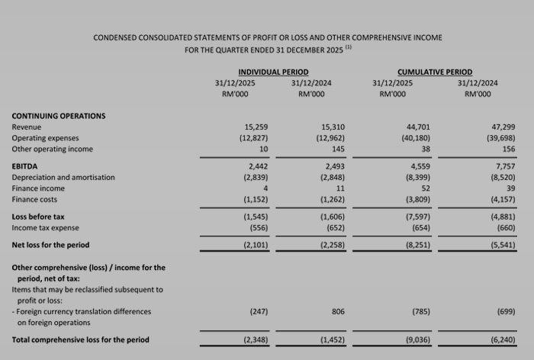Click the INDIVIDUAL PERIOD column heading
[x=273, y=72]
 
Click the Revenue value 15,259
[x=256, y=127]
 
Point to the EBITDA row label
[x=25, y=166]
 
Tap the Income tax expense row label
[x=46, y=228]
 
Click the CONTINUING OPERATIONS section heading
[x=59, y=116]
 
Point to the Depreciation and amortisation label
[x=63, y=177]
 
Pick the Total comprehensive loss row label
[x=81, y=339]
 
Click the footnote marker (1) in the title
[x=349, y=47]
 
